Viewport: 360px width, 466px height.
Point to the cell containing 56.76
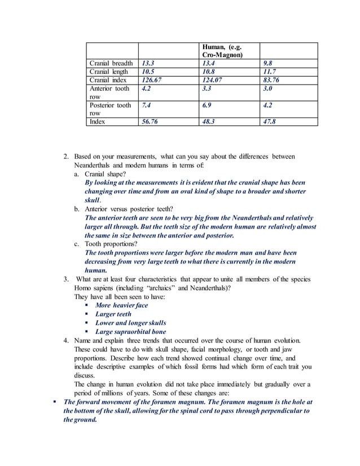[150, 121]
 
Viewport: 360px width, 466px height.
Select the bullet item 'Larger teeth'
[113, 314]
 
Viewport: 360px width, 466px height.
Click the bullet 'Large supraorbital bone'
[130, 332]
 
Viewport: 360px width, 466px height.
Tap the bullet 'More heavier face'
[121, 305]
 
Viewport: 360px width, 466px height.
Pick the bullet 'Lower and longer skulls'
[130, 323]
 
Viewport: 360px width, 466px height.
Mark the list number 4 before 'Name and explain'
[66, 341]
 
